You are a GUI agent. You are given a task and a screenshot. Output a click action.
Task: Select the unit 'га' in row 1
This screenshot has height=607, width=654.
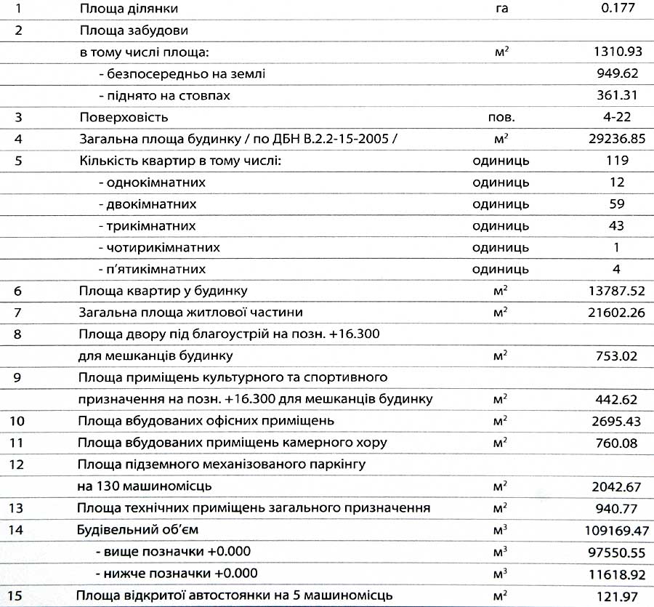click(x=500, y=9)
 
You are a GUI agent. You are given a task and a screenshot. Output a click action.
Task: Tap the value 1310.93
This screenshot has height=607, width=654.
click(x=617, y=52)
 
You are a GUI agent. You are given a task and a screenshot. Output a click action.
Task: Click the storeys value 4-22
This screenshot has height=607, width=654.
click(x=617, y=117)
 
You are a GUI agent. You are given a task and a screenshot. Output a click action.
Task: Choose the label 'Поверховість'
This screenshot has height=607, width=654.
click(x=124, y=117)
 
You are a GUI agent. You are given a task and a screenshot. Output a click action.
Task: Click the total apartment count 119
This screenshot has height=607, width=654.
click(x=617, y=161)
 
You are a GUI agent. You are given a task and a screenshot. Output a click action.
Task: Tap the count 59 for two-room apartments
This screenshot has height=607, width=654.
click(x=617, y=204)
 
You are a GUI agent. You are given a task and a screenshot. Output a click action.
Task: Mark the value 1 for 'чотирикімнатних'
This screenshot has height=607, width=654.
click(x=617, y=248)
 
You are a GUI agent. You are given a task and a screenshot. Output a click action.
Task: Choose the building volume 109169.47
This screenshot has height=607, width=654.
click(x=610, y=530)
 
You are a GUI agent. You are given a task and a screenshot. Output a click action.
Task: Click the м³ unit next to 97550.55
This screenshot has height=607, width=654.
click(x=500, y=552)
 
